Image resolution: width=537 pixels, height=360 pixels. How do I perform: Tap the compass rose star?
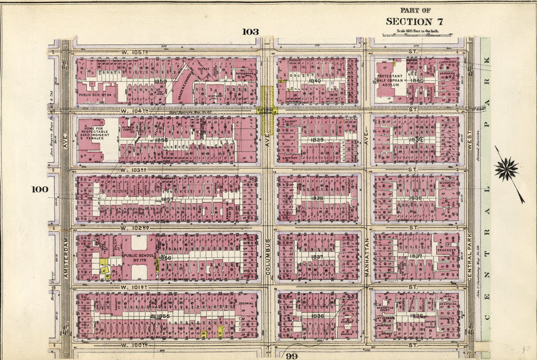coord(507,170)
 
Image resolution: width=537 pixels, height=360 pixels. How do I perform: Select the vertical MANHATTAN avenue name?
coord(367,257)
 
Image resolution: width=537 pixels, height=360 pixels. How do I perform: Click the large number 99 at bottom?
coord(293,355)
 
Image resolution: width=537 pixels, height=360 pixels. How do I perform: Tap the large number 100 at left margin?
coord(40,189)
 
